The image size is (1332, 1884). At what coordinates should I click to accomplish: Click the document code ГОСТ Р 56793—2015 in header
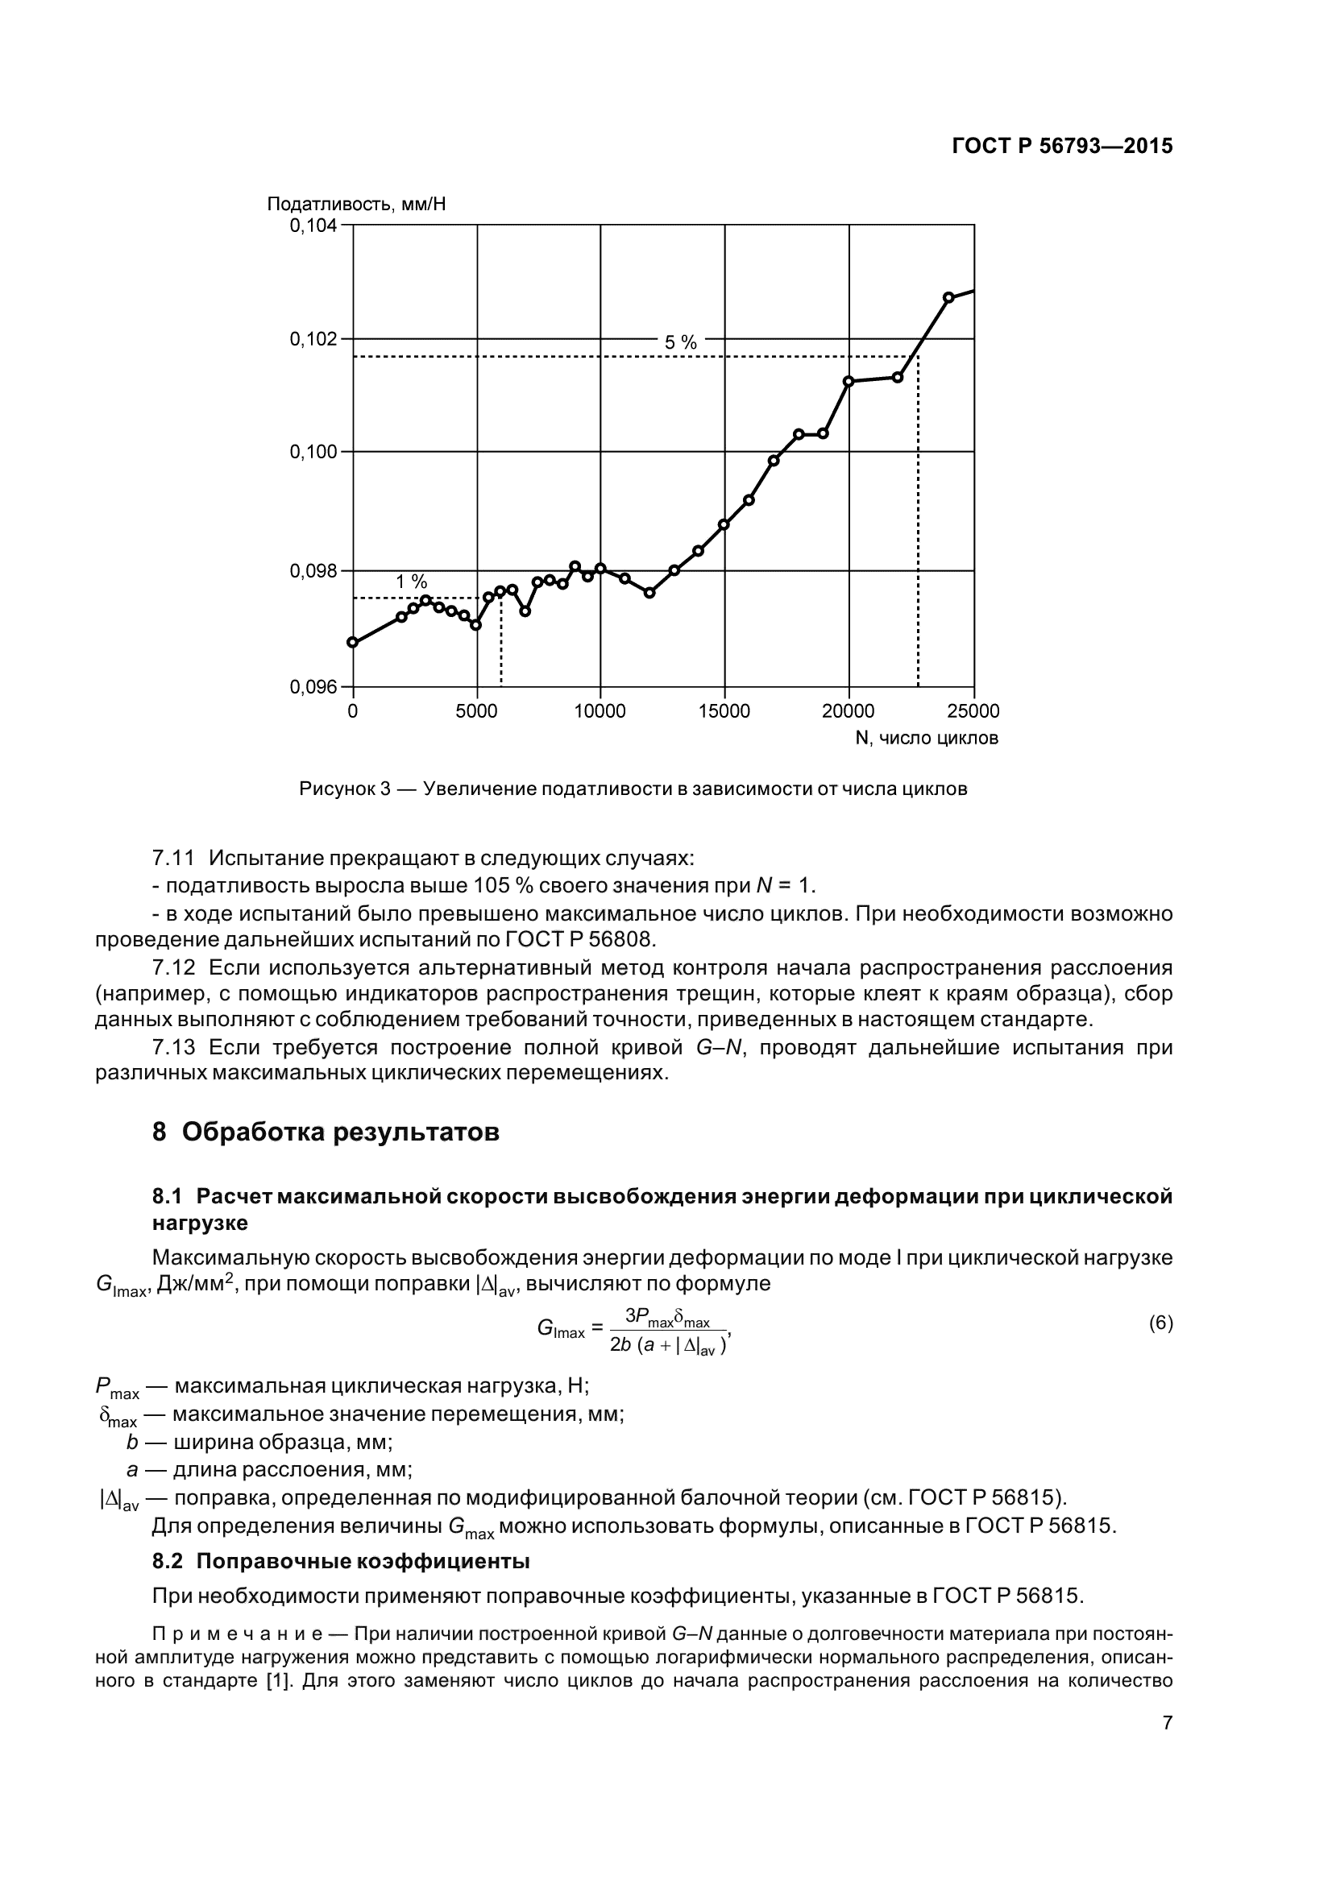[x=1061, y=146]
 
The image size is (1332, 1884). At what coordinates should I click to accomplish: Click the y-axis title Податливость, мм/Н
[x=356, y=204]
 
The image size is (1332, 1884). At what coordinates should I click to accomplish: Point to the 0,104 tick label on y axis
[x=313, y=226]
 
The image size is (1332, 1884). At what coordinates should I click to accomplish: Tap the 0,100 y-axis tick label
[x=313, y=452]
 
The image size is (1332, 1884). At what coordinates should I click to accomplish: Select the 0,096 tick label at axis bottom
[x=313, y=687]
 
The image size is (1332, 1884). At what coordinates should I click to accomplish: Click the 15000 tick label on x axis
[x=724, y=711]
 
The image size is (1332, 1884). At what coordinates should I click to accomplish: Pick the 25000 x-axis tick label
[x=973, y=711]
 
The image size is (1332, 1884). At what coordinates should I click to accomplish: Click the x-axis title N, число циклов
[x=927, y=739]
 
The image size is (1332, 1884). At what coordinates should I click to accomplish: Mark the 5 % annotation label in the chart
[x=680, y=343]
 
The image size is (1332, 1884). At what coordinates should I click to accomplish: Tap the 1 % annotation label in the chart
[x=411, y=582]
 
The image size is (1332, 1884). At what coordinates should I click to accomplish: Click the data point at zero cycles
[x=353, y=643]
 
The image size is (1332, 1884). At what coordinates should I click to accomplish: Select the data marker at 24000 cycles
[x=948, y=297]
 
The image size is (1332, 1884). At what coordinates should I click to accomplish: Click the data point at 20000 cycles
[x=849, y=381]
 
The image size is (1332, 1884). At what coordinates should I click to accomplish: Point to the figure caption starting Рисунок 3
[x=633, y=789]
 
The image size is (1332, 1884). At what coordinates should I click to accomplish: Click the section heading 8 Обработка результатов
[x=325, y=1132]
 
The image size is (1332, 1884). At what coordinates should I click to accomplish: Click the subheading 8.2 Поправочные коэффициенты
[x=341, y=1562]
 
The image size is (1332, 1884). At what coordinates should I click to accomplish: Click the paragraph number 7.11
[x=173, y=859]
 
